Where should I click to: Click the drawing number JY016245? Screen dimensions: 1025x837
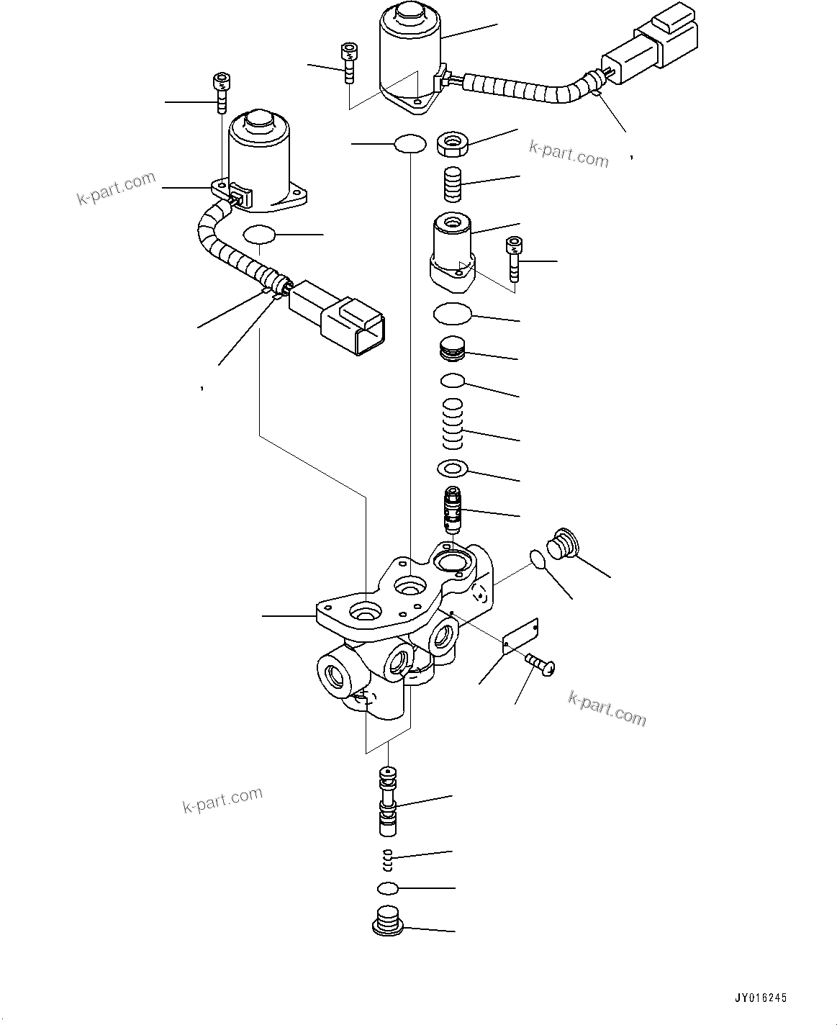[x=761, y=998]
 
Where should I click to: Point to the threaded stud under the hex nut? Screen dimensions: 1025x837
[x=454, y=184]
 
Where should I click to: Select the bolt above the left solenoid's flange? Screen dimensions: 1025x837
[x=222, y=92]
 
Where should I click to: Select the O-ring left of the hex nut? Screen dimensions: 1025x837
[x=410, y=143]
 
